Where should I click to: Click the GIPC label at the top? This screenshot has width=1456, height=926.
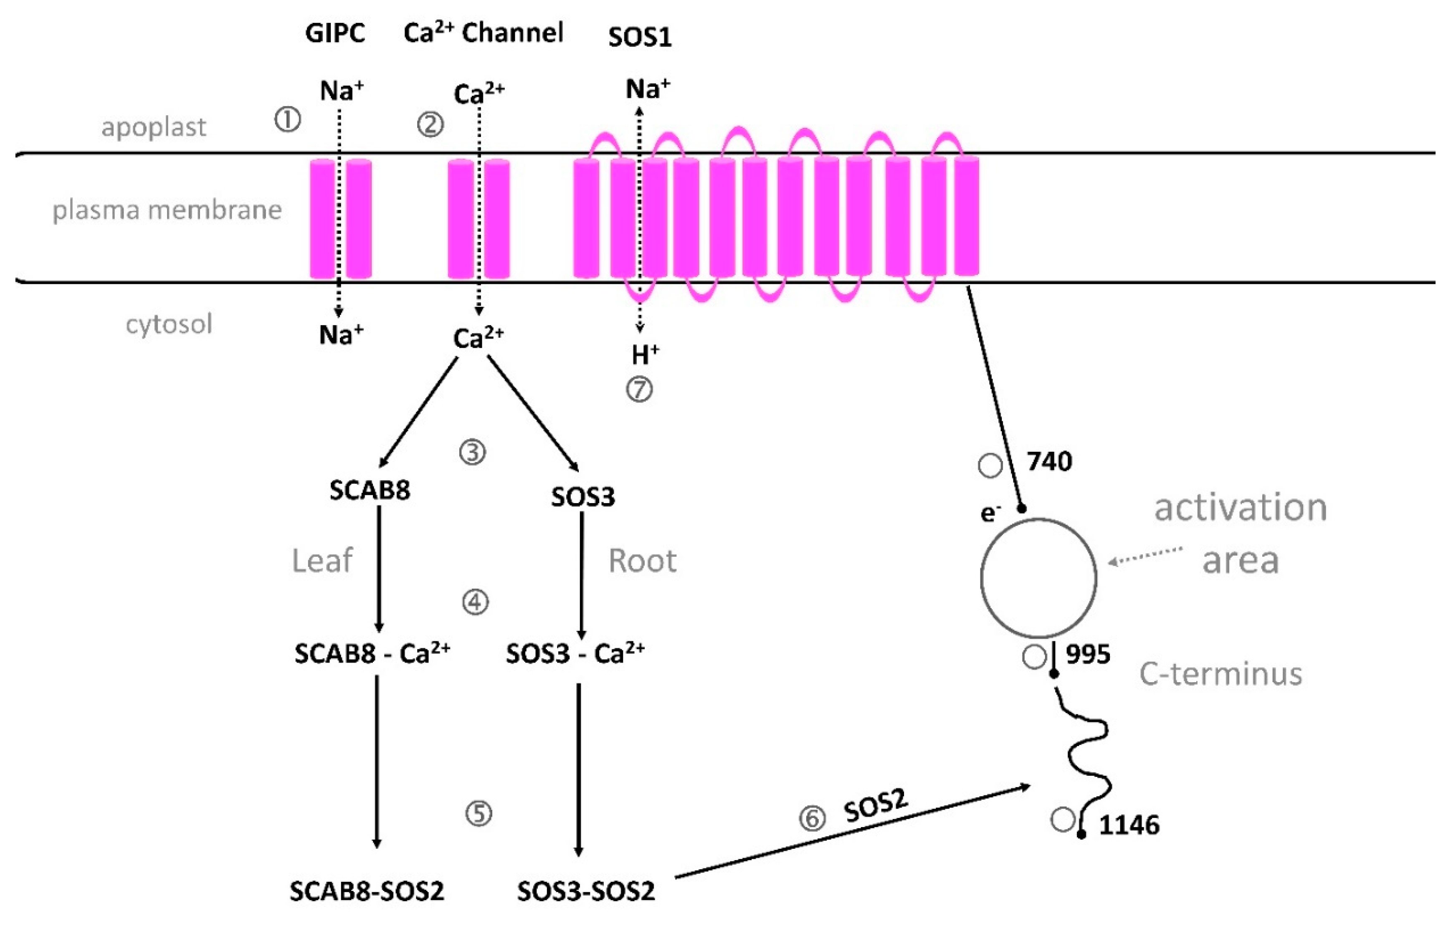pyautogui.click(x=335, y=33)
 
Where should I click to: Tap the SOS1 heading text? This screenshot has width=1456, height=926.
pyautogui.click(x=640, y=38)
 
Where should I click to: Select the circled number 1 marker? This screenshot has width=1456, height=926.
pyautogui.click(x=288, y=120)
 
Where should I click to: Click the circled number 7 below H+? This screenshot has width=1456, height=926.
pyautogui.click(x=639, y=389)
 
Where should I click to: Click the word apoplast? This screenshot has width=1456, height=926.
pyautogui.click(x=154, y=127)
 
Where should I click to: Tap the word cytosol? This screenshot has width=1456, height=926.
pyautogui.click(x=169, y=324)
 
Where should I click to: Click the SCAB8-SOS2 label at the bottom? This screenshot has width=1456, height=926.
pyautogui.click(x=367, y=891)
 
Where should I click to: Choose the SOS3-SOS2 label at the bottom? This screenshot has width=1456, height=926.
pyautogui.click(x=585, y=891)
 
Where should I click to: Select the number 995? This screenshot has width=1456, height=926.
pyautogui.click(x=1088, y=654)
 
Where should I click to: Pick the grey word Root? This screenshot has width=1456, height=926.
pyautogui.click(x=642, y=561)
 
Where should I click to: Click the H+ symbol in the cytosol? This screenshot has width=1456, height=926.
pyautogui.click(x=645, y=355)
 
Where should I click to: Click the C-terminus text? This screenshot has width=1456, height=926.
pyautogui.click(x=1220, y=674)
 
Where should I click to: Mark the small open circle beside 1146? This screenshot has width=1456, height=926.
pyautogui.click(x=1062, y=820)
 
